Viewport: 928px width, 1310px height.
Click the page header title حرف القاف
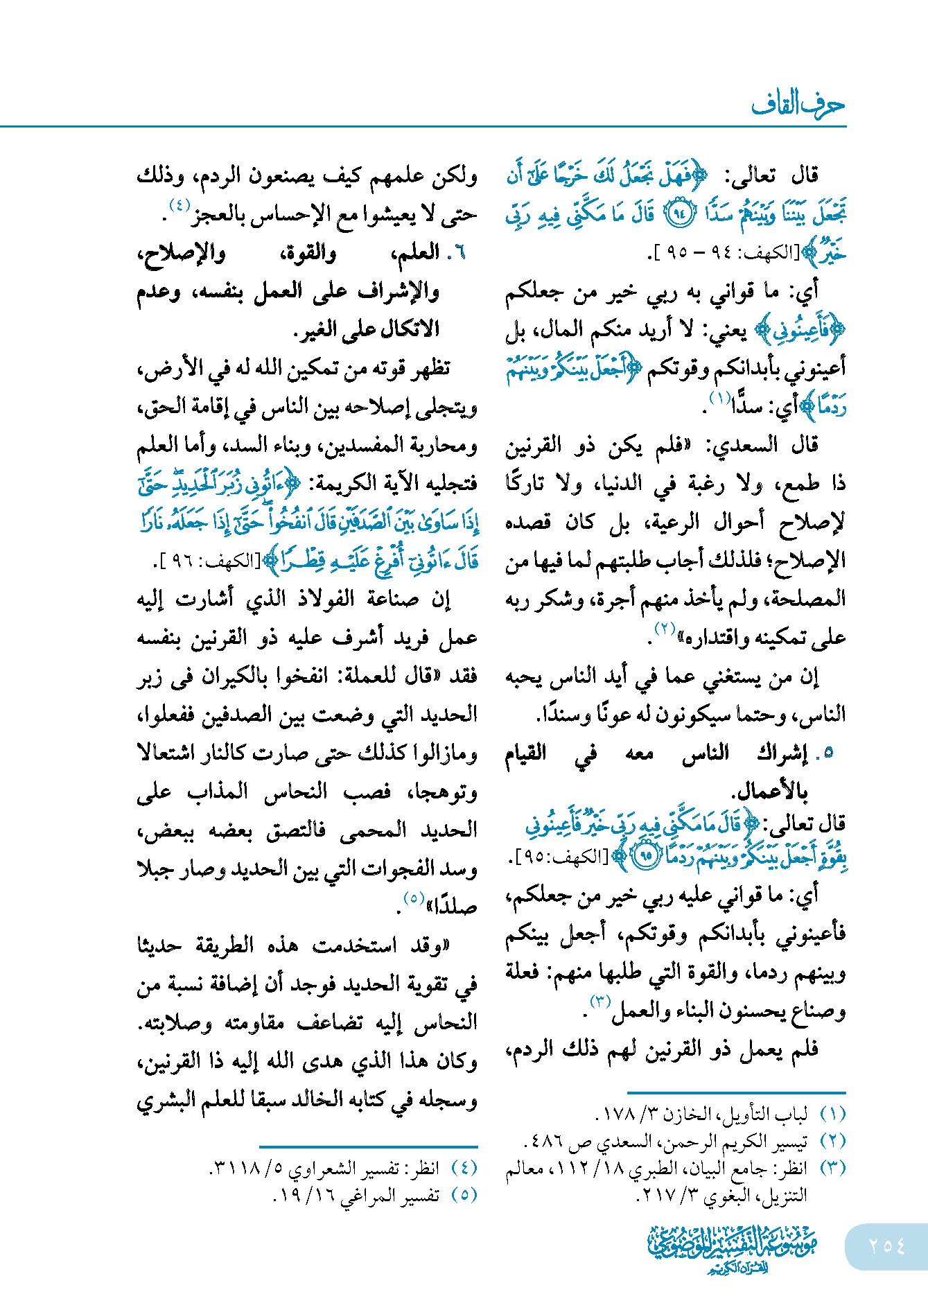pyautogui.click(x=798, y=105)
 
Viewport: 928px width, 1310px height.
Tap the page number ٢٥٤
pyautogui.click(x=886, y=1246)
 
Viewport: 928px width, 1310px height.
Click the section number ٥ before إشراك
pyautogui.click(x=828, y=753)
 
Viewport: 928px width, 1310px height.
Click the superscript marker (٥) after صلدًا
pyautogui.click(x=414, y=898)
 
